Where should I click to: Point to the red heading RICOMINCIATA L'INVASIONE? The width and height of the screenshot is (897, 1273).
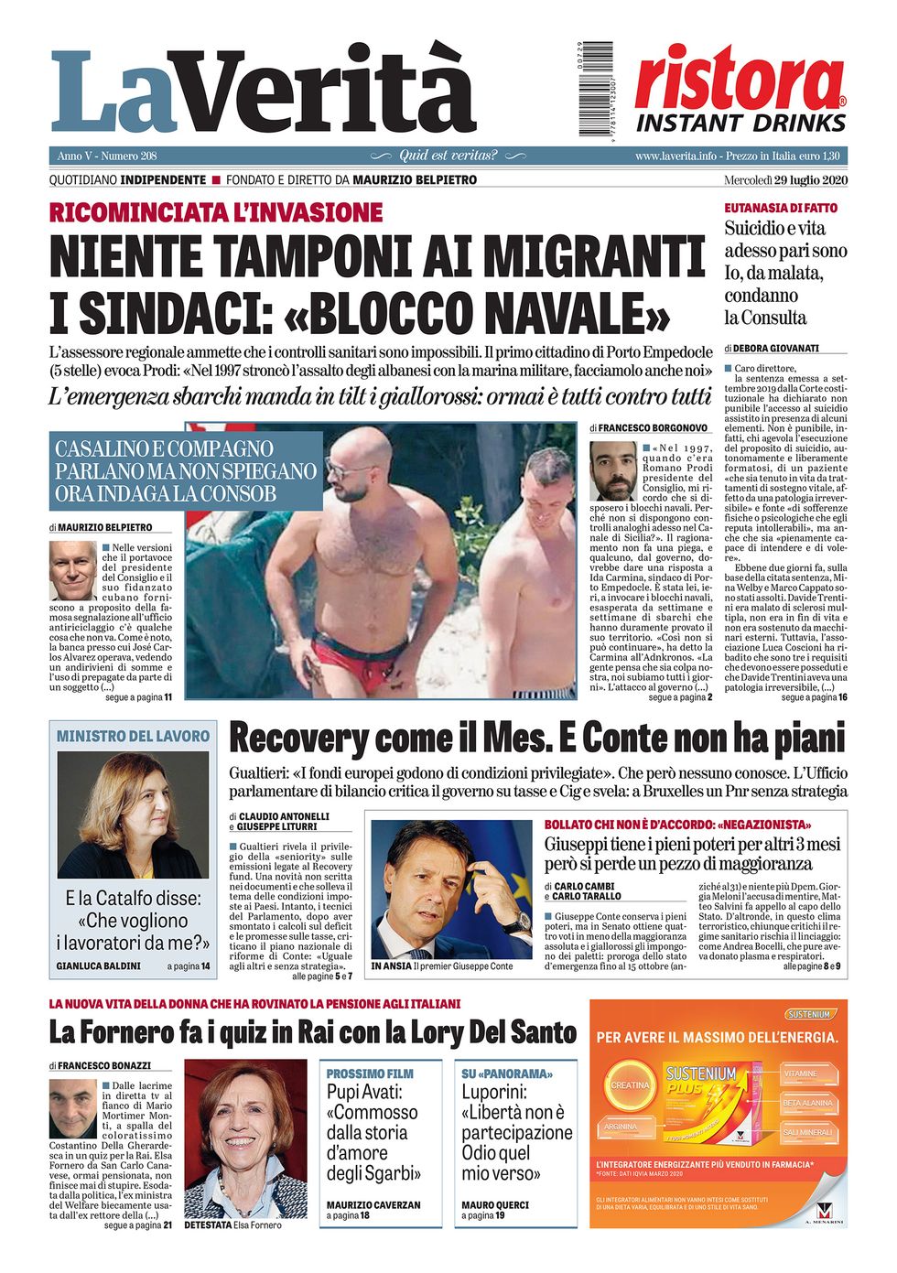(x=216, y=212)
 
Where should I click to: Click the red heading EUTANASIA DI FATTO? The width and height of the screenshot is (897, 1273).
(x=781, y=208)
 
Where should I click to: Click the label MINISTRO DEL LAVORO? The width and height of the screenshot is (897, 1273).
(x=133, y=736)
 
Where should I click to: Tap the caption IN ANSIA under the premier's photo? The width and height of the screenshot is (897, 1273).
(x=391, y=966)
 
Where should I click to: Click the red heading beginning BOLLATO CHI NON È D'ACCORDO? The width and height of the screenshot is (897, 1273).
(x=677, y=825)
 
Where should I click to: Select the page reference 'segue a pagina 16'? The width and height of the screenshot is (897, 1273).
(x=814, y=697)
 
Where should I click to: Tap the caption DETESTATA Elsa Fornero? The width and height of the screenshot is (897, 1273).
(x=232, y=1224)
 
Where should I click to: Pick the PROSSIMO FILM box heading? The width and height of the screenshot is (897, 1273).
(x=370, y=1073)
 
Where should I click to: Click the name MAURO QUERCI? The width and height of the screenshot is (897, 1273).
(x=495, y=1204)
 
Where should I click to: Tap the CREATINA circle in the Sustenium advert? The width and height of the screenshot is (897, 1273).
(x=630, y=1085)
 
